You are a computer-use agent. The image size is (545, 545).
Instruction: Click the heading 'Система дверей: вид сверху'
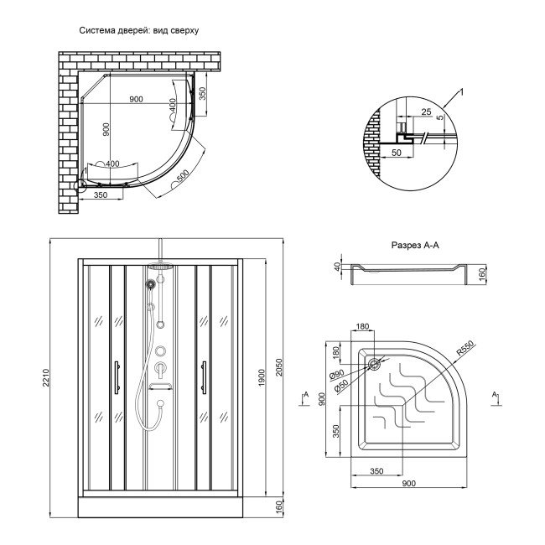click(x=138, y=30)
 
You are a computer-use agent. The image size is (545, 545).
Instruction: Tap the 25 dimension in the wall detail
click(x=427, y=111)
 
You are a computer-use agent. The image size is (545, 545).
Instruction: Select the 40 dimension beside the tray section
click(x=338, y=267)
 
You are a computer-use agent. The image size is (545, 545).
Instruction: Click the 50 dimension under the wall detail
click(x=396, y=154)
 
